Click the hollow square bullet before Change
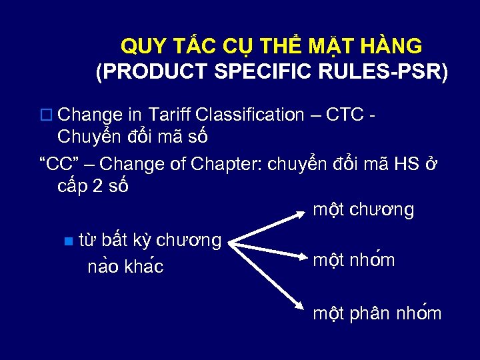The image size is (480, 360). (46, 115)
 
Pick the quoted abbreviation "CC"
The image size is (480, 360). (55, 163)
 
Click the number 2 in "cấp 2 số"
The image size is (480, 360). (98, 187)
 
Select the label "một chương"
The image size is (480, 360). (363, 210)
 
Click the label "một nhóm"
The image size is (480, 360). (354, 260)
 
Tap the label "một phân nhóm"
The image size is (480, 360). (377, 313)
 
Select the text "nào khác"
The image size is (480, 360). (126, 267)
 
